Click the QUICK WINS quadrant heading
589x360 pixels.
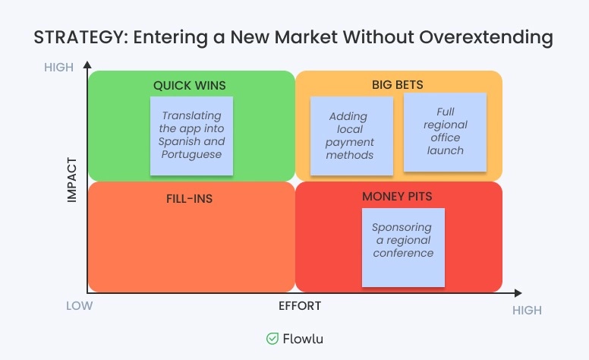click(x=190, y=85)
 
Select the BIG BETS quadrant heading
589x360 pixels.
click(x=398, y=84)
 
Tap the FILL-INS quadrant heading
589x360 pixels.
click(x=189, y=199)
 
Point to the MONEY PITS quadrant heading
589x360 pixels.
click(x=397, y=197)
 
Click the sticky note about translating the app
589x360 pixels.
click(x=191, y=135)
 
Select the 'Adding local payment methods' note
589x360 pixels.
click(x=350, y=136)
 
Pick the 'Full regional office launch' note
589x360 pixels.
click(x=445, y=131)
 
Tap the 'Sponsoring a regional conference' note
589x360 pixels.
click(x=403, y=247)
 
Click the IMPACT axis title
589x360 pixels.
click(x=73, y=180)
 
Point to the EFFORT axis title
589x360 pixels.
click(x=300, y=306)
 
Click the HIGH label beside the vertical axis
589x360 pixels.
click(x=59, y=68)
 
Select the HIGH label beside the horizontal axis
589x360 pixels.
click(x=527, y=311)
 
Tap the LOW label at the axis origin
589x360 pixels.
click(x=79, y=306)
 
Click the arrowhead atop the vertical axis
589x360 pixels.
click(x=87, y=66)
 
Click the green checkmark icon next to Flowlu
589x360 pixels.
click(x=272, y=339)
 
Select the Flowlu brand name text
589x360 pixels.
click(x=304, y=339)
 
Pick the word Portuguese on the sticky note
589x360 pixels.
click(x=191, y=154)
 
